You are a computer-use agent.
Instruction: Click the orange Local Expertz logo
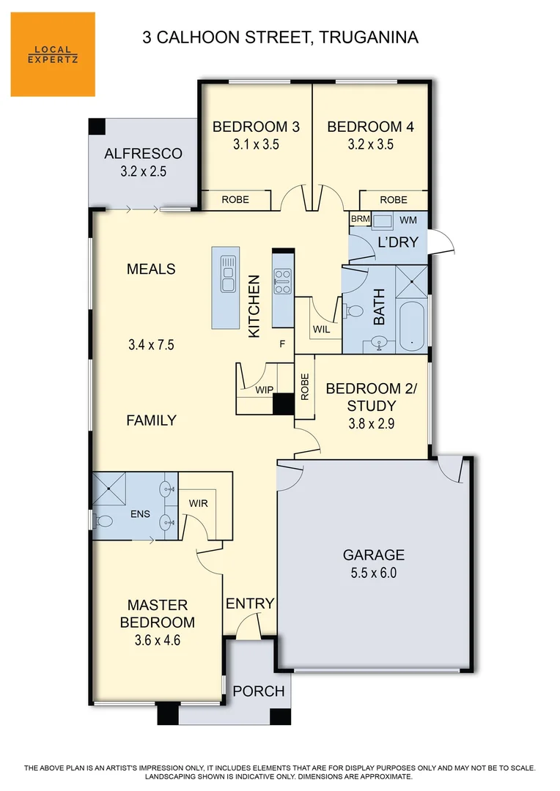point(53,54)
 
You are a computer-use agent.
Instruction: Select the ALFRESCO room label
point(143,154)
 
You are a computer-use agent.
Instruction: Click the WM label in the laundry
point(408,220)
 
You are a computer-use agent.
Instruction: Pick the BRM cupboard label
point(360,220)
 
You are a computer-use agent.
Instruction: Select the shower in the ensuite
point(109,489)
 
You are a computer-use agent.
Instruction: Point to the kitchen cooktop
point(282,281)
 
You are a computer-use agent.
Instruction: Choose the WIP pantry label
point(264,390)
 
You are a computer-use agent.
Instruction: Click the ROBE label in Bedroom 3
point(235,199)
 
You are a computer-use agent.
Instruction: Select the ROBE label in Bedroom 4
point(394,199)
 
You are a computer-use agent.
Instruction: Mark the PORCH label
point(259,691)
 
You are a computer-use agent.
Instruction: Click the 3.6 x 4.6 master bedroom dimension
point(158,640)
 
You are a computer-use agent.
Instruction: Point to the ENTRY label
point(250,604)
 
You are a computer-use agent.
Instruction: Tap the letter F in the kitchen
point(281,343)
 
